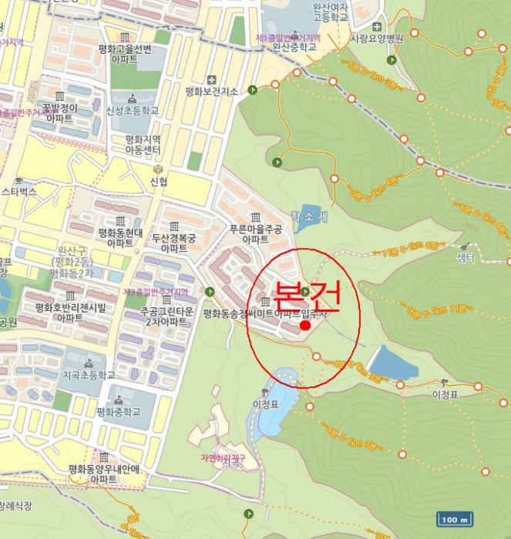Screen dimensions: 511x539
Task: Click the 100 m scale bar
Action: click(x=454, y=520)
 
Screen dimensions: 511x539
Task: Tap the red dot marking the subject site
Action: click(x=305, y=326)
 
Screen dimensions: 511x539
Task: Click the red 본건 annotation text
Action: click(x=308, y=296)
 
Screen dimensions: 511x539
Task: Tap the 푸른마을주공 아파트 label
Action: click(x=255, y=234)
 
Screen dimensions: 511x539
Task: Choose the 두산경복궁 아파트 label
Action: click(x=174, y=243)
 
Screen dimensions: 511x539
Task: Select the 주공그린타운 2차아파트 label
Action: click(x=165, y=317)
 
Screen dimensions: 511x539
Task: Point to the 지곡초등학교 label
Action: click(x=89, y=375)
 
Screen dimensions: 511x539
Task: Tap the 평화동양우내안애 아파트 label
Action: click(x=103, y=474)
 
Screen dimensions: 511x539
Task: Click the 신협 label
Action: click(x=159, y=182)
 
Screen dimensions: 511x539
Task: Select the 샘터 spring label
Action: click(x=465, y=258)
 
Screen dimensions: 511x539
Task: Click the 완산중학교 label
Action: click(x=294, y=47)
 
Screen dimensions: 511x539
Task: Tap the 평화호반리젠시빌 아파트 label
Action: click(x=69, y=313)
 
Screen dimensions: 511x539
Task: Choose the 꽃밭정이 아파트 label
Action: click(x=59, y=113)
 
